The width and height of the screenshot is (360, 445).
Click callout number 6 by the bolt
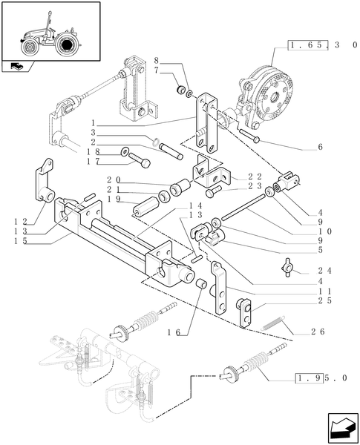pos(320,147)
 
